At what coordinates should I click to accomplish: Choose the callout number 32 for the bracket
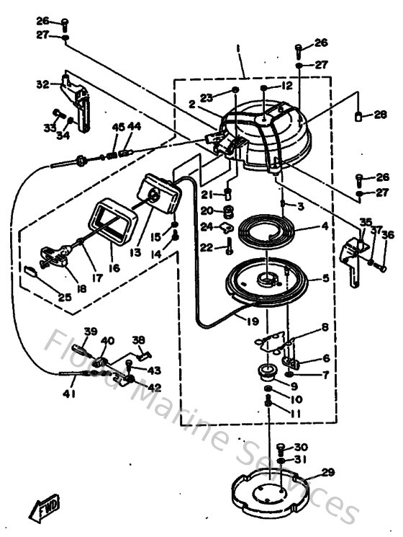pos(41,84)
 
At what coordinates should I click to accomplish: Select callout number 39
pos(90,332)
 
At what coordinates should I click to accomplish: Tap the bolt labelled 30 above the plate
pos(281,448)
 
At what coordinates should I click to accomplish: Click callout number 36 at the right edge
pos(388,235)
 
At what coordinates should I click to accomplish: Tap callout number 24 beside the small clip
pos(207,227)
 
